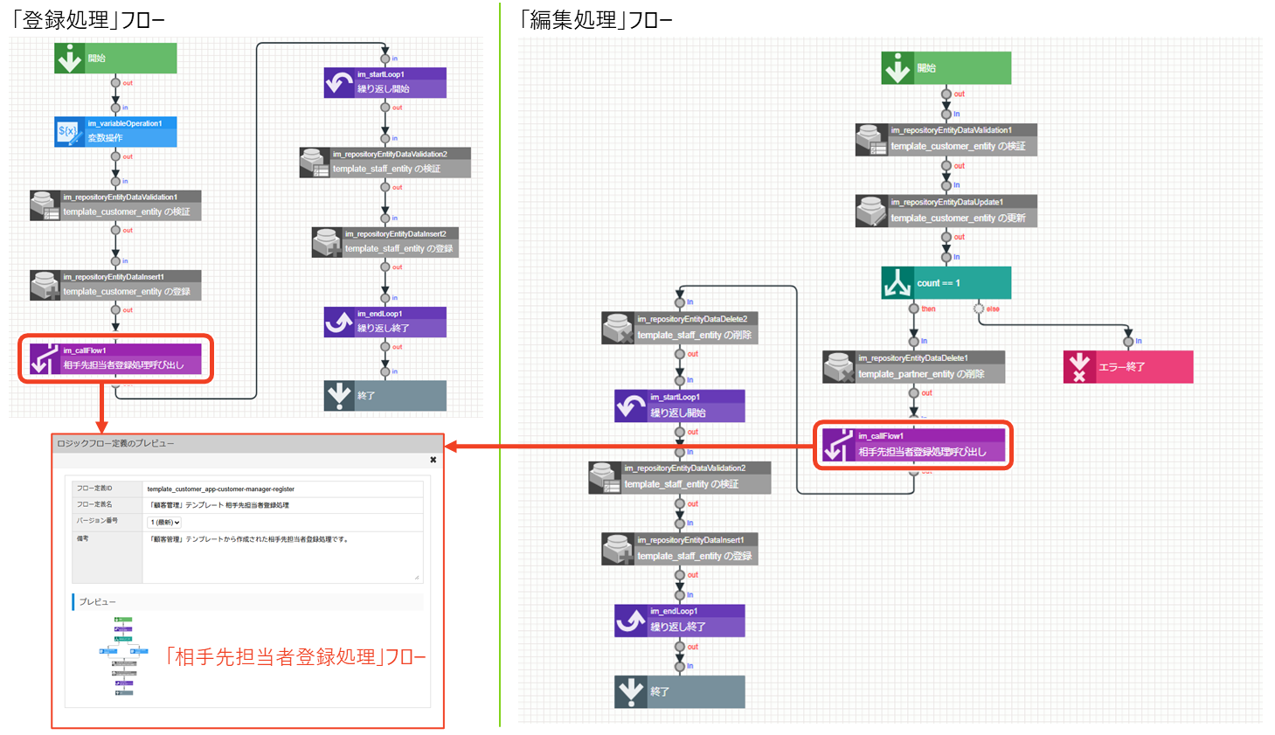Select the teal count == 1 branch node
[x=946, y=283]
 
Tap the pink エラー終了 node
[x=1127, y=367]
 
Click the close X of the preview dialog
[x=433, y=460]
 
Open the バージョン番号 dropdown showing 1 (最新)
[x=164, y=523]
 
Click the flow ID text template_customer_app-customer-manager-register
[x=221, y=489]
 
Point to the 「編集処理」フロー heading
[x=595, y=19]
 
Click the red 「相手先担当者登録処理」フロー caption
[x=294, y=657]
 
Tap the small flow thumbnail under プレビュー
[x=124, y=656]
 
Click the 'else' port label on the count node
[x=993, y=309]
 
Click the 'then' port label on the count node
[x=928, y=309]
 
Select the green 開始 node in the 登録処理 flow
[x=115, y=59]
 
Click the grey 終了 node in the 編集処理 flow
[x=680, y=691]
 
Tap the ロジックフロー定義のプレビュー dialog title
[x=115, y=444]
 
